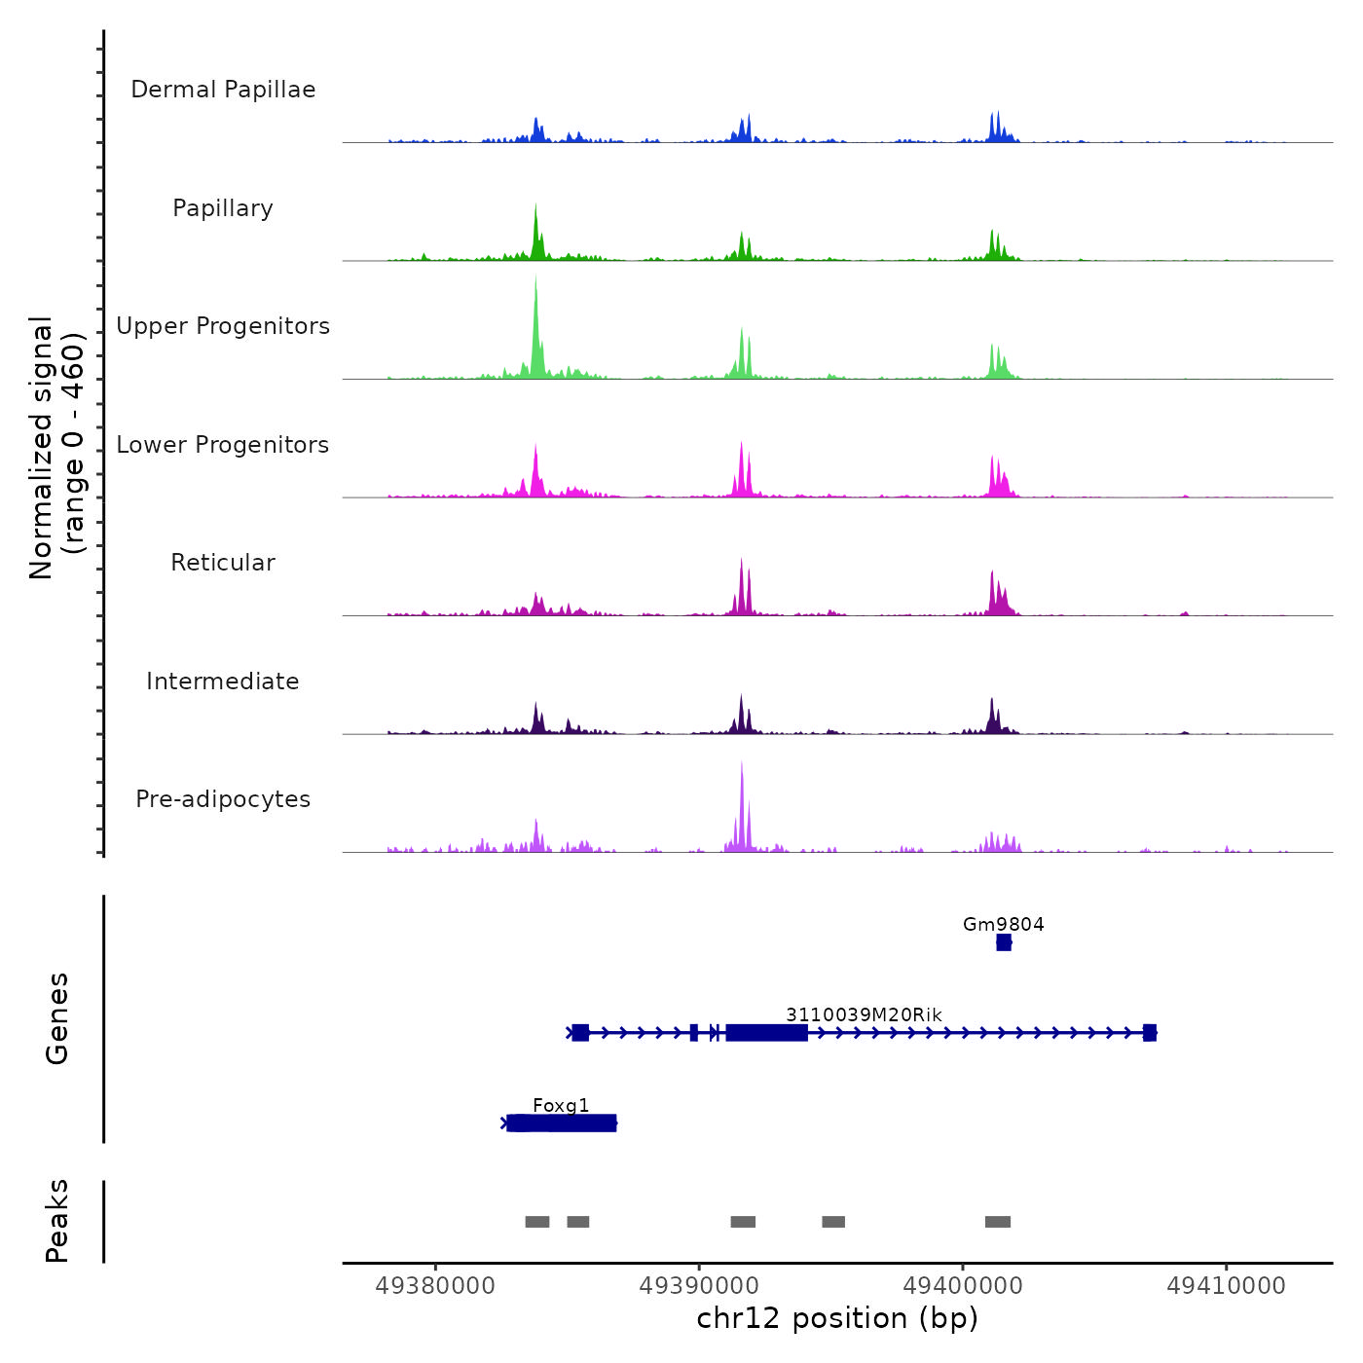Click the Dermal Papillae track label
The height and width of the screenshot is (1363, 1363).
coord(223,90)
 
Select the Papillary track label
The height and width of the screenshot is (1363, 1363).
coord(223,208)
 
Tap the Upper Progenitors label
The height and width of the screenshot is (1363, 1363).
coord(223,326)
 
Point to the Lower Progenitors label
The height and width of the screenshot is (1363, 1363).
coord(223,445)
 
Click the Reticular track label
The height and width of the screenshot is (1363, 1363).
coord(223,563)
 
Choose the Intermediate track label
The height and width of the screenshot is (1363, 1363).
coord(223,681)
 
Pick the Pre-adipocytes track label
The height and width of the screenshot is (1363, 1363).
coord(223,799)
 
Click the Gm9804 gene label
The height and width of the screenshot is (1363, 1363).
coord(1003,924)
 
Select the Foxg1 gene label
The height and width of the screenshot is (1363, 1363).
coord(561,1105)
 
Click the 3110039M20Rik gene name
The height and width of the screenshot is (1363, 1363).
coord(864,1014)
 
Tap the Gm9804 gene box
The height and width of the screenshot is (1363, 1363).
coord(1004,942)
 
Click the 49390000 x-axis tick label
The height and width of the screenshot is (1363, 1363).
coord(699,1285)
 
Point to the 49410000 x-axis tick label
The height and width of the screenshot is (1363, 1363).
coord(1226,1285)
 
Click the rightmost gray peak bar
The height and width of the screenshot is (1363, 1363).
coord(998,1222)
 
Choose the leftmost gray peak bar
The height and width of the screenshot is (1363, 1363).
coord(537,1222)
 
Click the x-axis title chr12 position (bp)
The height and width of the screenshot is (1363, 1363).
coord(837,1318)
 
